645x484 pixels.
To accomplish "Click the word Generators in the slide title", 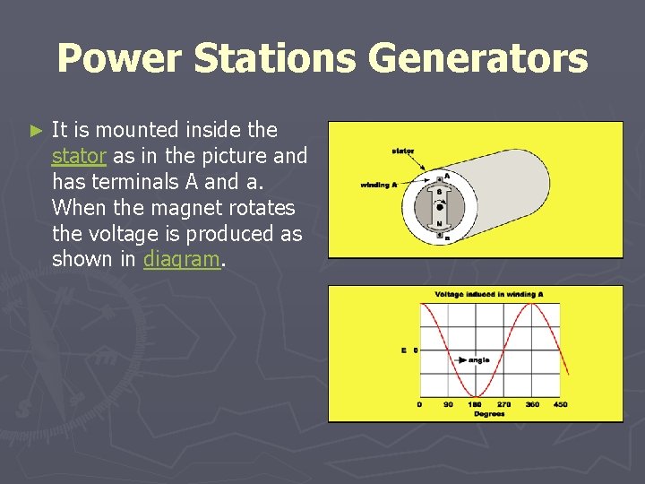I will [477, 59].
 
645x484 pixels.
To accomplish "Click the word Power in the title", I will [118, 59].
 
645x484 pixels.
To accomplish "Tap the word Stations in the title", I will [275, 59].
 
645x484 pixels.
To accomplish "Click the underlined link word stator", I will [79, 156].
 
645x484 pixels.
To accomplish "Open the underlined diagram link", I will [180, 260].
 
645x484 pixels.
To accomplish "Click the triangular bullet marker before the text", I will [36, 131].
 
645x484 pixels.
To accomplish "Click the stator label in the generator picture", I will [402, 151].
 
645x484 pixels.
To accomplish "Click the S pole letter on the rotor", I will [439, 192].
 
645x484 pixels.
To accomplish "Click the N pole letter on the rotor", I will [439, 224].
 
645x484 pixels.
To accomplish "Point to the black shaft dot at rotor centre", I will [439, 208].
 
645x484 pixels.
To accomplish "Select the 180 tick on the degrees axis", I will [476, 405].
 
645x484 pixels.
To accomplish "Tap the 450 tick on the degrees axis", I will [559, 405].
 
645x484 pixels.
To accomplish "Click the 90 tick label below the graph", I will [447, 405].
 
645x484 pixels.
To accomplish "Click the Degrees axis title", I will [489, 414].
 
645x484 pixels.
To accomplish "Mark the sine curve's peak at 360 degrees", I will [532, 304].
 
